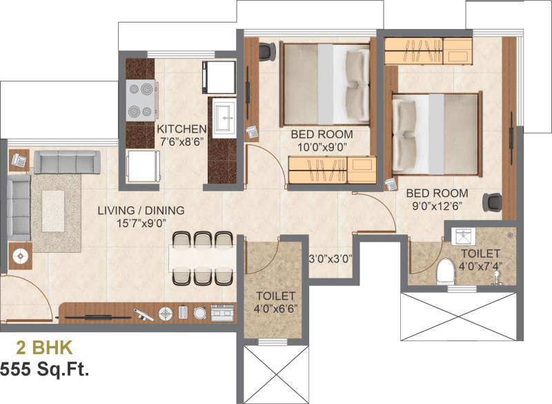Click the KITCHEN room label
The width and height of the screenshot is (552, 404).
click(181, 129)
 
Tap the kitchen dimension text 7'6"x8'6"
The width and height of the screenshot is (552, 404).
click(182, 142)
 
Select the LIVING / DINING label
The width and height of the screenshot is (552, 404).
click(141, 210)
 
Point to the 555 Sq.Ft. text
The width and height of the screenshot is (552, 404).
click(44, 369)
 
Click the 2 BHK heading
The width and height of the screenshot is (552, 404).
click(44, 347)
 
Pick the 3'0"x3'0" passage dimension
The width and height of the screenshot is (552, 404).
click(331, 259)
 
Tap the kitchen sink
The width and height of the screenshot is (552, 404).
click(224, 118)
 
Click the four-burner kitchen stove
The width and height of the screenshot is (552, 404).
click(141, 100)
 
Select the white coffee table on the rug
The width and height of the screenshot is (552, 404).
click(53, 211)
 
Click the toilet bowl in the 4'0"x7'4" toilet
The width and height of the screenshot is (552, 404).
click(445, 272)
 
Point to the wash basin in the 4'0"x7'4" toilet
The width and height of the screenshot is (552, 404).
click(463, 236)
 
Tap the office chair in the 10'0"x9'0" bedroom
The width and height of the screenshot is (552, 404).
click(267, 52)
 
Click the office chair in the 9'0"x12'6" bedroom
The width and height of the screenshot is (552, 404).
click(492, 202)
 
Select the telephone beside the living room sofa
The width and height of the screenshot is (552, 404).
click(19, 161)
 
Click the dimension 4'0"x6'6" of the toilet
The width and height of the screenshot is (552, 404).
click(275, 309)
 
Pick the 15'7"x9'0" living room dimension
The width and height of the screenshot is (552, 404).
click(141, 223)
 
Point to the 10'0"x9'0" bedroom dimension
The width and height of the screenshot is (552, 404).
click(322, 147)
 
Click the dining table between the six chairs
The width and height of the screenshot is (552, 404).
click(202, 258)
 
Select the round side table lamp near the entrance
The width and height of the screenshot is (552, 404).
click(21, 256)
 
